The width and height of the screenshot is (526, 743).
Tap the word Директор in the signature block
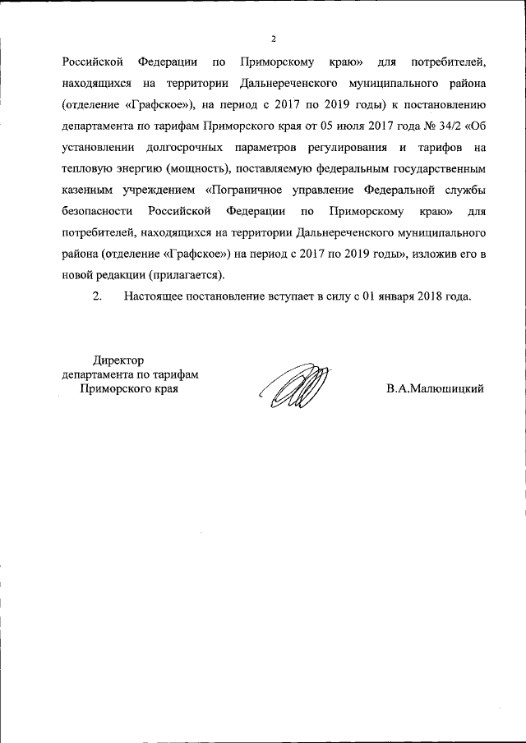118,360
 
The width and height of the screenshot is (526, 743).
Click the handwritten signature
294,384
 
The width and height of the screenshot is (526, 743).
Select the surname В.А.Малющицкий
435,388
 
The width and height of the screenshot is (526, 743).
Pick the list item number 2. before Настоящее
96,296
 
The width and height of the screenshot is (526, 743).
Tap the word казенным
87,190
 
